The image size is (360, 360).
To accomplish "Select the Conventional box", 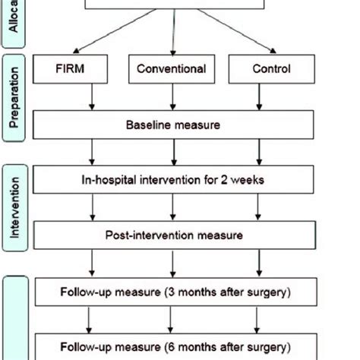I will pyautogui.click(x=171, y=69).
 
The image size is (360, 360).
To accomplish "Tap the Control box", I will pyautogui.click(x=271, y=69).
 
